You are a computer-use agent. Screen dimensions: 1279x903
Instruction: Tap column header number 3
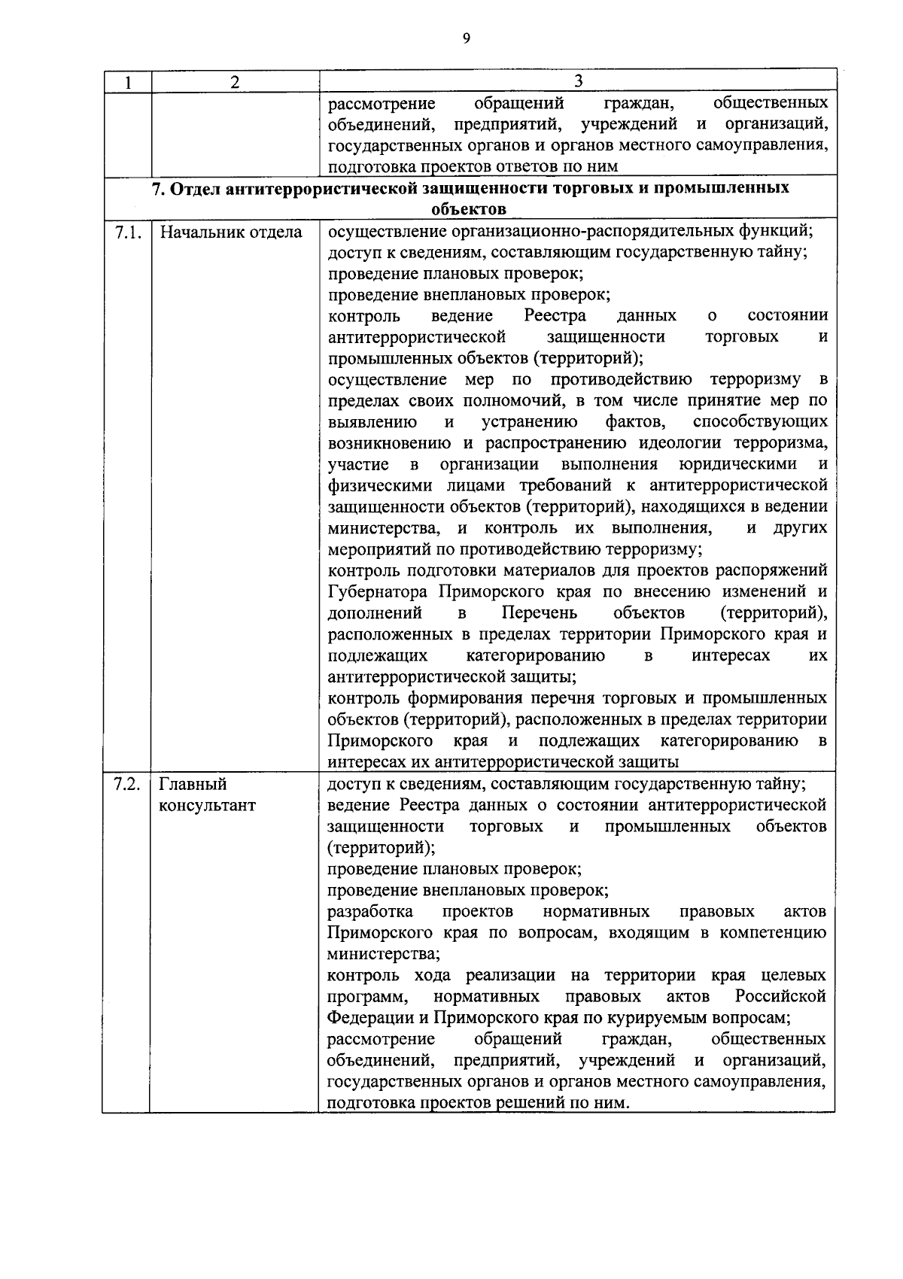(578, 81)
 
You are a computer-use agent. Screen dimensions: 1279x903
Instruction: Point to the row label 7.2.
(127, 784)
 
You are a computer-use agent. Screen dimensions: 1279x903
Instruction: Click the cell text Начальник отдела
(230, 232)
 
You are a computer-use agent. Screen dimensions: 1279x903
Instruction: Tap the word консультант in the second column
(207, 805)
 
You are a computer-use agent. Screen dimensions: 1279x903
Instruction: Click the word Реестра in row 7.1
(555, 315)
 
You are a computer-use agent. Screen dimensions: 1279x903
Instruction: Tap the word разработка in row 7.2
(370, 912)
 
